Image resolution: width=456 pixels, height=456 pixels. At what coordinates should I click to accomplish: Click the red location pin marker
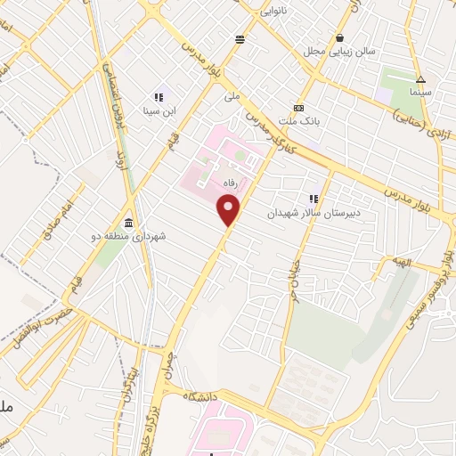[230, 211]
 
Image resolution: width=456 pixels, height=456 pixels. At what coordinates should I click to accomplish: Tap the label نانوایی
[274, 12]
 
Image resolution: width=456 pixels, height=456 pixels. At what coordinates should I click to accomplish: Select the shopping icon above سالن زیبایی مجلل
[340, 38]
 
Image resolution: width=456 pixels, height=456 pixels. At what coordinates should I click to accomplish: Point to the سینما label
[420, 92]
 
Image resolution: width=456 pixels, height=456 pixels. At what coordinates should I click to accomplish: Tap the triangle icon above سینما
[420, 79]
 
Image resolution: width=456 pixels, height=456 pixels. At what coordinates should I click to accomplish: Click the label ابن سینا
[159, 112]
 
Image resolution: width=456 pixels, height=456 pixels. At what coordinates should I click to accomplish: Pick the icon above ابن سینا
[159, 98]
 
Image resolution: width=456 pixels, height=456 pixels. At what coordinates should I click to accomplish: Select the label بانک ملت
[298, 118]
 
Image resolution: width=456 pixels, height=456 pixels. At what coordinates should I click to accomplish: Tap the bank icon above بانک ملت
[298, 105]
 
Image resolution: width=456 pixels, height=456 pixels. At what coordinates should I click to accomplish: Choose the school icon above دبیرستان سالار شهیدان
[313, 199]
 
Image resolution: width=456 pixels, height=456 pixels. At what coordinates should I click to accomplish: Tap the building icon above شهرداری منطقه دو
[130, 223]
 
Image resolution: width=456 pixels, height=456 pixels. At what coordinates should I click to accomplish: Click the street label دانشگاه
[201, 395]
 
